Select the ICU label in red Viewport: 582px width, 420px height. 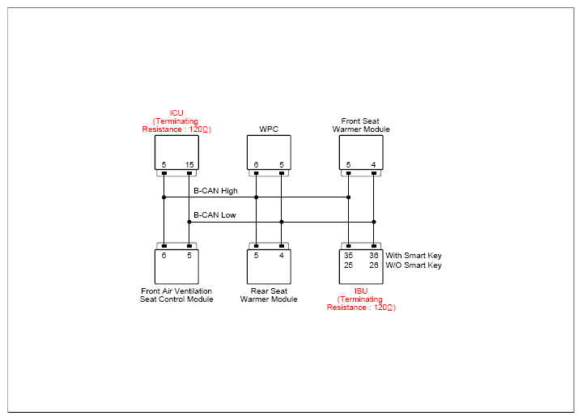click(176, 112)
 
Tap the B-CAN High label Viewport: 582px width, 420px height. click(215, 191)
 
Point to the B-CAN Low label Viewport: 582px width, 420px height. click(215, 215)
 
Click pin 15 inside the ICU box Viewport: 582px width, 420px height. click(189, 165)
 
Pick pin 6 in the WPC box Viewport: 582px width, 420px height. click(256, 165)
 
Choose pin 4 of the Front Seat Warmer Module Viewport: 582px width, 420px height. click(374, 165)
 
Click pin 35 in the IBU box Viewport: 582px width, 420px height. click(348, 256)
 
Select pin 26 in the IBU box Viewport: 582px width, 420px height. click(374, 265)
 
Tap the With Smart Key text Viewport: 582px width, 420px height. click(414, 256)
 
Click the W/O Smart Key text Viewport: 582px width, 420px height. click(414, 265)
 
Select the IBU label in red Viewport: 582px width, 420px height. click(361, 291)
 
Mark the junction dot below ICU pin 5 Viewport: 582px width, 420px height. click(164, 197)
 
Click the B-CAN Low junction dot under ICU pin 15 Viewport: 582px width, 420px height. click(189, 222)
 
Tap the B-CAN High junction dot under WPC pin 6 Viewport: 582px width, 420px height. click(256, 197)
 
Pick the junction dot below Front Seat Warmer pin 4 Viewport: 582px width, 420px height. click(374, 222)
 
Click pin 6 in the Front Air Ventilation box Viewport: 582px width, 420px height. click(164, 256)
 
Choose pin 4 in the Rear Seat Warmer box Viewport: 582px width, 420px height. click(282, 256)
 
